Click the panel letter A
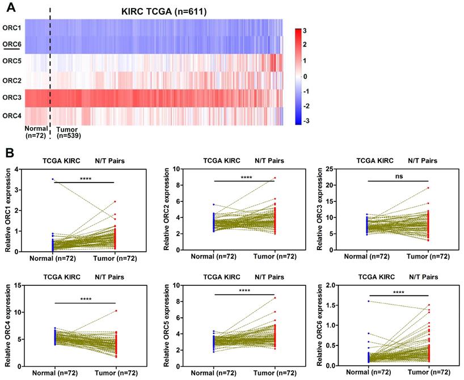pyautogui.click(x=10, y=9)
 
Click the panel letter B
pyautogui.click(x=10, y=153)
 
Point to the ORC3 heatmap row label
pyautogui.click(x=12, y=98)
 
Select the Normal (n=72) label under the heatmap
pyautogui.click(x=36, y=132)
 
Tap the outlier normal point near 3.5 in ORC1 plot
pyautogui.click(x=53, y=179)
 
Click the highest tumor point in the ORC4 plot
pyautogui.click(x=116, y=310)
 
